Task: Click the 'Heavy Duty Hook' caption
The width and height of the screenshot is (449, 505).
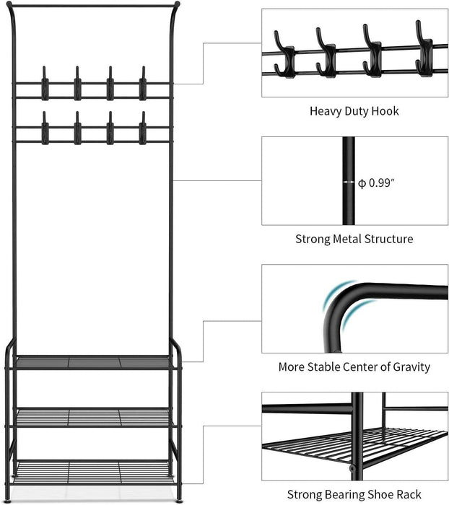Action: (354, 111)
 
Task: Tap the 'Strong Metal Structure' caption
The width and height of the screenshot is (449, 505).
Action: (354, 239)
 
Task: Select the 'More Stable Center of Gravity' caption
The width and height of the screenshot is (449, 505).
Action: (354, 366)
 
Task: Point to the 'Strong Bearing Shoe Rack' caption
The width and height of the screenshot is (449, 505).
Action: (354, 494)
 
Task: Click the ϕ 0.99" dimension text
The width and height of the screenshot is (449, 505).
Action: (376, 183)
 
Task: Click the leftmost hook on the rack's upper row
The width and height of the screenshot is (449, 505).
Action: (45, 84)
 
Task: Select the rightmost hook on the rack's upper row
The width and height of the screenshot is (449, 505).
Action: (142, 84)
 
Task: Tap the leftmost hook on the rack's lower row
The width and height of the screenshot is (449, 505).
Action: (45, 129)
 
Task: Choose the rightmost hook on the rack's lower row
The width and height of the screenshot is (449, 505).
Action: (142, 129)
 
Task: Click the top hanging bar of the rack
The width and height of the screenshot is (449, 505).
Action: (92, 6)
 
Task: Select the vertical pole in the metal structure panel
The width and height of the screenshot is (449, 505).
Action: (349, 181)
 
